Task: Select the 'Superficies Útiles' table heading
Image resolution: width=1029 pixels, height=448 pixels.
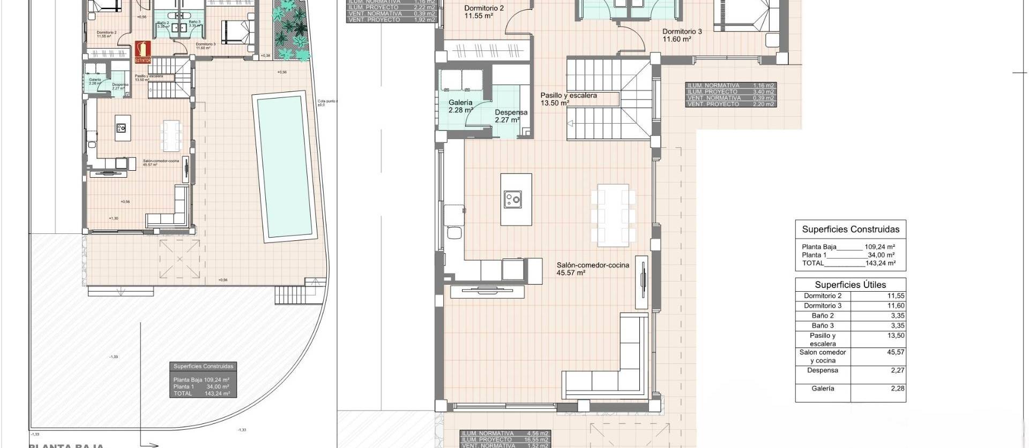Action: (851, 285)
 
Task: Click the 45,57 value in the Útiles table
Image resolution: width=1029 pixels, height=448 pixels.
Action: (896, 352)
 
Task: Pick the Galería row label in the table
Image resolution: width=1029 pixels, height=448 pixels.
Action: (823, 389)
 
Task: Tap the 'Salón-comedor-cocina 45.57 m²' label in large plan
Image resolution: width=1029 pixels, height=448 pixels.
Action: (592, 269)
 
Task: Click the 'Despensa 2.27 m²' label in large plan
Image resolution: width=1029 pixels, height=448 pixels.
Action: (511, 116)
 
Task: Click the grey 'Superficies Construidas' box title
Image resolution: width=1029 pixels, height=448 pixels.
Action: (203, 367)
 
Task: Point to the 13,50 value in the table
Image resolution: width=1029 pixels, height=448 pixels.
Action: (896, 336)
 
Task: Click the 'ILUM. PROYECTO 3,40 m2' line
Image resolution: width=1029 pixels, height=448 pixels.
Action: (730, 92)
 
